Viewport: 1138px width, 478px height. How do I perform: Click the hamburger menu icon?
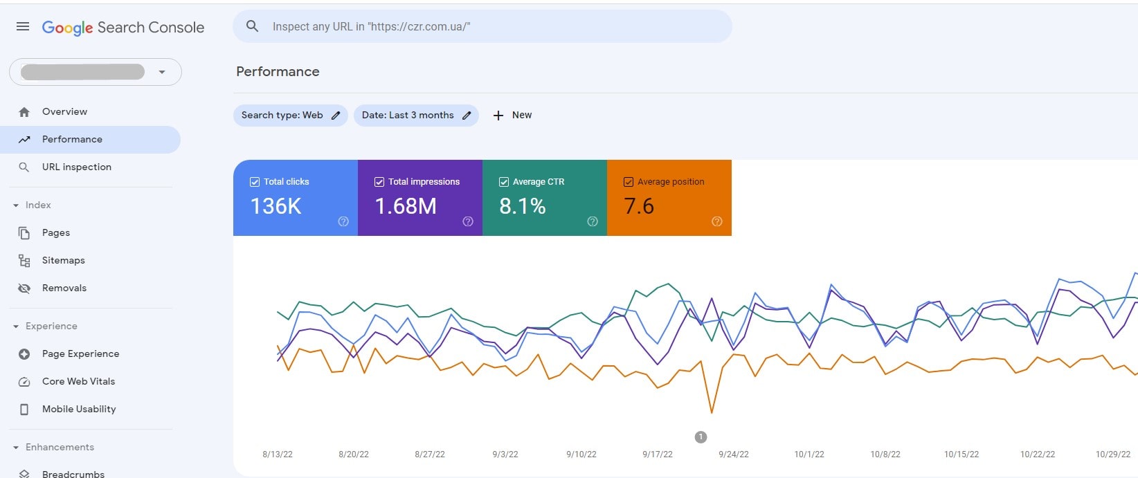click(23, 26)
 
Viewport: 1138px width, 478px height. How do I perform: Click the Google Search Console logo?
click(123, 28)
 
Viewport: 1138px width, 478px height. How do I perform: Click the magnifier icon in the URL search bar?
click(253, 26)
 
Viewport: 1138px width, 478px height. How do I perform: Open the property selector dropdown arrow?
click(162, 72)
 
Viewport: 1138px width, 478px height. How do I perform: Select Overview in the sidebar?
click(64, 111)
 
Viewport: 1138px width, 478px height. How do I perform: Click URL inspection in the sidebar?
click(76, 167)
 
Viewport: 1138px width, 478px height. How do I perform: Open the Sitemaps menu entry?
click(63, 260)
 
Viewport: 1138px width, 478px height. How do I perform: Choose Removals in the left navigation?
click(64, 288)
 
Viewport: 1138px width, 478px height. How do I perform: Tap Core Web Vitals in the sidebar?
click(78, 381)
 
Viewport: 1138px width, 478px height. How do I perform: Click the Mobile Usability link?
click(79, 409)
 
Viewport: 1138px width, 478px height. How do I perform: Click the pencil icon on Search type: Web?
click(336, 116)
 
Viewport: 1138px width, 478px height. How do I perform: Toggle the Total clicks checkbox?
click(255, 182)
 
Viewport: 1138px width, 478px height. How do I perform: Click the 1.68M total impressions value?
click(406, 206)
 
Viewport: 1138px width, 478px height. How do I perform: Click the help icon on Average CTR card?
click(593, 221)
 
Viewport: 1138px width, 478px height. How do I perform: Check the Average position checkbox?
click(629, 182)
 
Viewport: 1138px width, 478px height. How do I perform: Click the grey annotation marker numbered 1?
click(701, 437)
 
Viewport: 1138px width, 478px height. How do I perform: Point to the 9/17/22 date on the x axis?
click(657, 454)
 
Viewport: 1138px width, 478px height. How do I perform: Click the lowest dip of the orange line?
click(712, 412)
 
